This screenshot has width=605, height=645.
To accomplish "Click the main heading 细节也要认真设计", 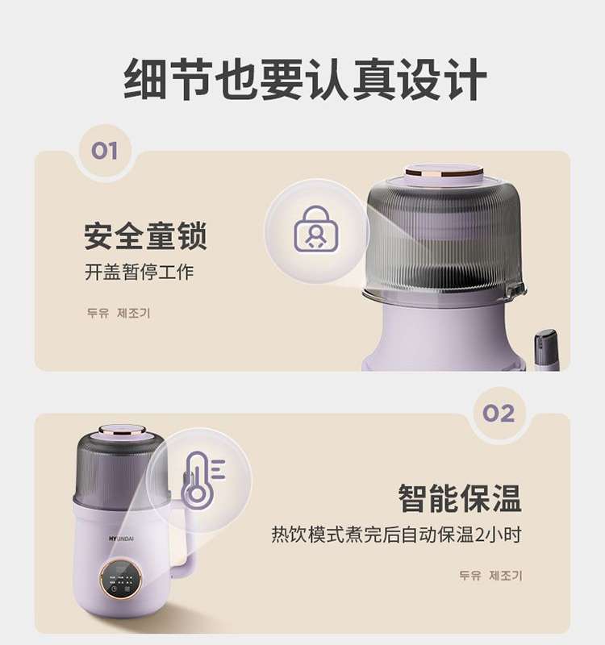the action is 306,80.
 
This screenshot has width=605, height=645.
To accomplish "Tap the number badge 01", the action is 105,151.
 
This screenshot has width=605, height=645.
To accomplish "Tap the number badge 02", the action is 499,413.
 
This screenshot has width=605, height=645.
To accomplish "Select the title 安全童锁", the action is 145,235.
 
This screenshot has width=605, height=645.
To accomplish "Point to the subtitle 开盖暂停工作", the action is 139,272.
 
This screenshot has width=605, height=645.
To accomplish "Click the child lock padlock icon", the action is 316,229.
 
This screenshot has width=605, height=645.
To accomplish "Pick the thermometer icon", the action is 202,479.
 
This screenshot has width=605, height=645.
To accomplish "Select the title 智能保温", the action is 460,498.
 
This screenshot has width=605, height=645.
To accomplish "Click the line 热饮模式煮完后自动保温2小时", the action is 396,535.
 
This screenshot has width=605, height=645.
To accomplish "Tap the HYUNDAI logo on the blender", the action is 122,539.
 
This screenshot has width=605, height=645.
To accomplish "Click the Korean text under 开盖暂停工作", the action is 119,313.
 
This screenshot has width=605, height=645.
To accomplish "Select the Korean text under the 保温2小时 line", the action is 490,575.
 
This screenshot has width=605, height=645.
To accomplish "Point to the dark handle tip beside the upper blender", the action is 547,346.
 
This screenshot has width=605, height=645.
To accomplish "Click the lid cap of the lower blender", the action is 123,432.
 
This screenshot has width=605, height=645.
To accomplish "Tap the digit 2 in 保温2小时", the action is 480,535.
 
